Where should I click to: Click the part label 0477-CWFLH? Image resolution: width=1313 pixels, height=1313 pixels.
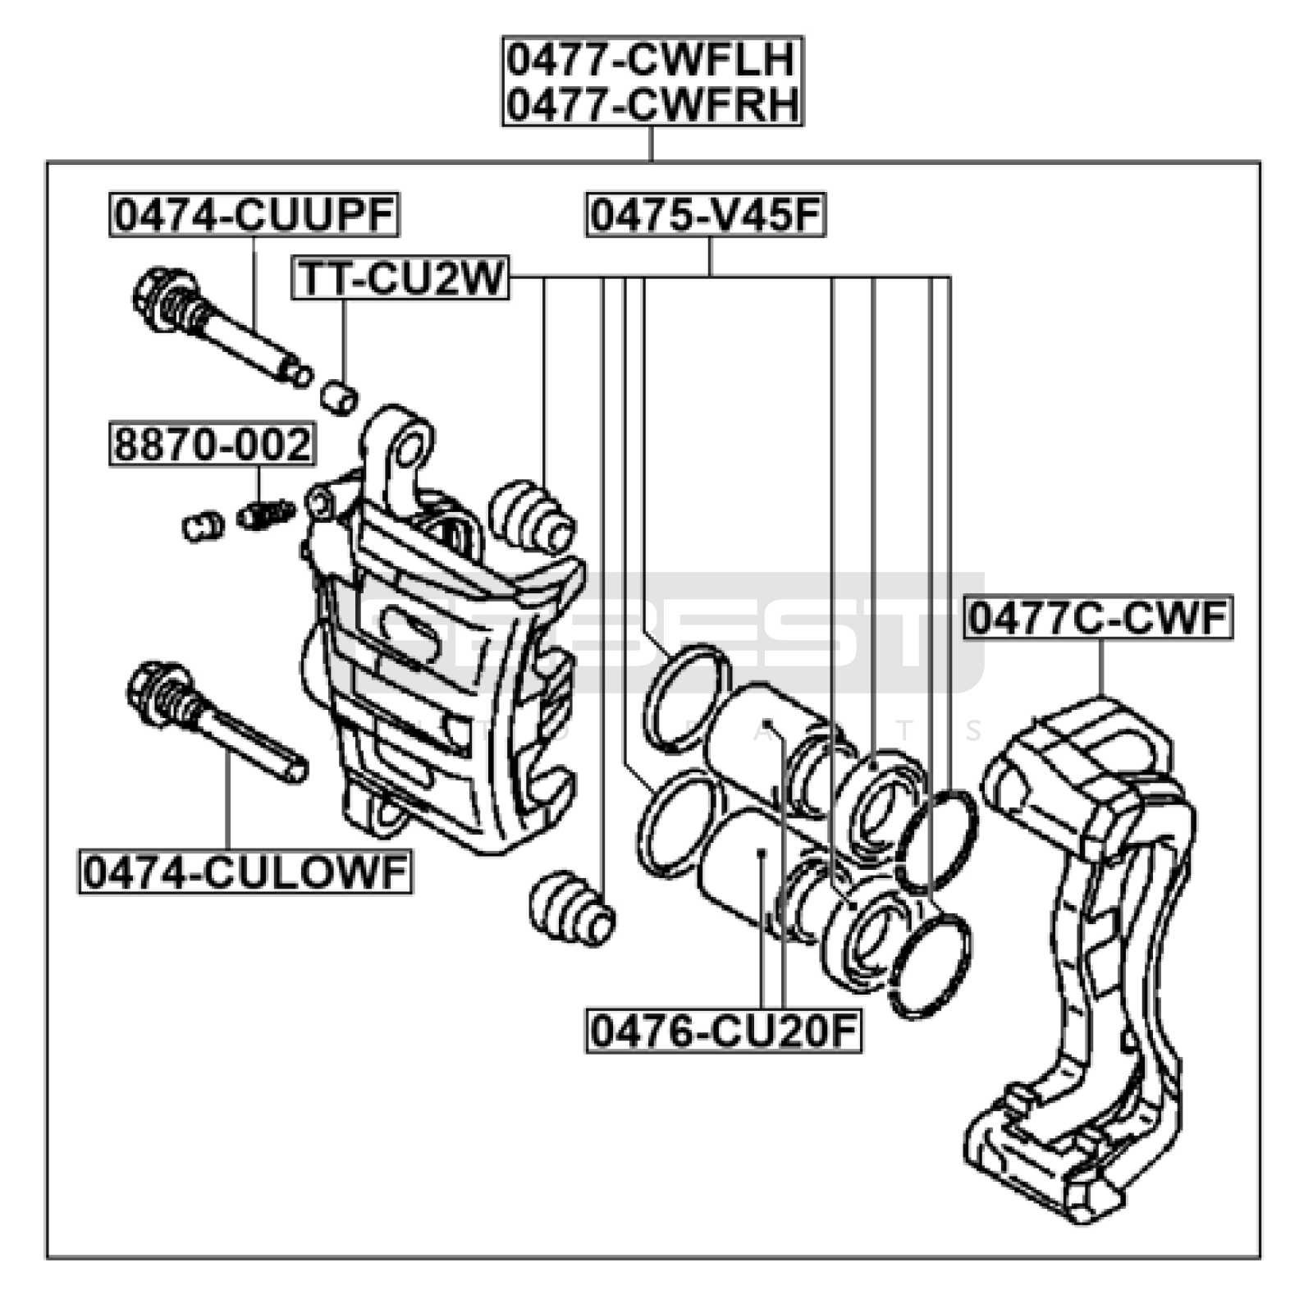(x=652, y=59)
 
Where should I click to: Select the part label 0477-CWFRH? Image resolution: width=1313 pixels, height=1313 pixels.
(x=652, y=105)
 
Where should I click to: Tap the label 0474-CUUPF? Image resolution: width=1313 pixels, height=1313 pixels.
(x=254, y=215)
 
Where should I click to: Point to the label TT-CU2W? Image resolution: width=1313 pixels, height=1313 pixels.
(x=400, y=277)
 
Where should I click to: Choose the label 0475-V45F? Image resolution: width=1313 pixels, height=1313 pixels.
(x=706, y=215)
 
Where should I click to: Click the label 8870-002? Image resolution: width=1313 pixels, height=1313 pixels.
(x=212, y=444)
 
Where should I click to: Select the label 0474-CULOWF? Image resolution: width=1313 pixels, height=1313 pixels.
(x=245, y=872)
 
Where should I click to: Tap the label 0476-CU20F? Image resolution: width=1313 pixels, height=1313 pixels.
(x=723, y=1031)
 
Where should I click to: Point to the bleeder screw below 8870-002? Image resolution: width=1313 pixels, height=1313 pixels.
(x=266, y=515)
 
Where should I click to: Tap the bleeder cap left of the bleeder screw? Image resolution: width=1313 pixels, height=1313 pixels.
(x=202, y=525)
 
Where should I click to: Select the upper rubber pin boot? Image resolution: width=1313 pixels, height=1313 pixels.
(x=532, y=516)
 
